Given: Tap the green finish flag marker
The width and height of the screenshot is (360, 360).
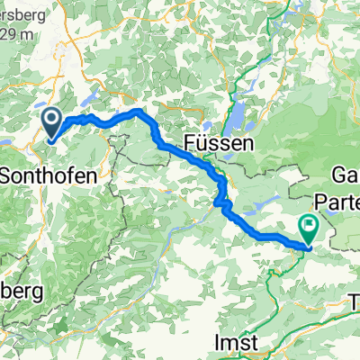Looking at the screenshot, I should [309, 229].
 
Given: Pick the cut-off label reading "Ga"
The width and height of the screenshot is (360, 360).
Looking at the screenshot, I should [346, 174].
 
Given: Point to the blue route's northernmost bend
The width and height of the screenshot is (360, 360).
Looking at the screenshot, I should [136, 111].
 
